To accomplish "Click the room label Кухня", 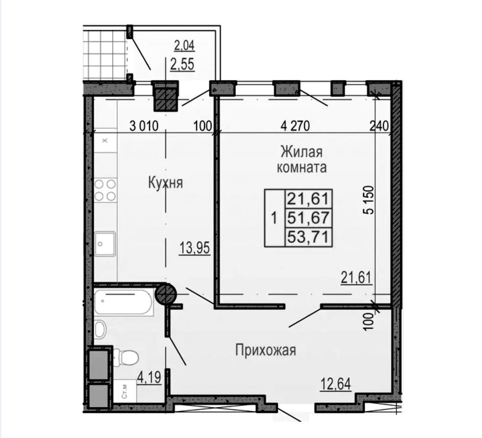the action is coord(166,183).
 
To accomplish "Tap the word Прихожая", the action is coord(266,350).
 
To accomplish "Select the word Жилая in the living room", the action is coord(302,152).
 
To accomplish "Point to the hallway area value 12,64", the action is coord(336,384).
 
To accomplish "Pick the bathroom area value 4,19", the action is coord(149,377).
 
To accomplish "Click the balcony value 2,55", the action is coord(182,64).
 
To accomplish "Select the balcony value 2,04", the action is coord(184,45).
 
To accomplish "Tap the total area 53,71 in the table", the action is coord(308,237).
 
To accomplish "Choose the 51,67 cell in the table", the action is coord(308,218).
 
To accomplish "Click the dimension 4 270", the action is coord(295,126).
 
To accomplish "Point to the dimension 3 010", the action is coord(144,126).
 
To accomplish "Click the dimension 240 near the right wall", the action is coord(379,126).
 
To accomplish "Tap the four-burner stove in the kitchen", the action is coord(105,190).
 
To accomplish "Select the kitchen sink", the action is coord(105,244).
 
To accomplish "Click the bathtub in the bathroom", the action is coord(124,302).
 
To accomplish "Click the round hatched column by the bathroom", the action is coord(166,294).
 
